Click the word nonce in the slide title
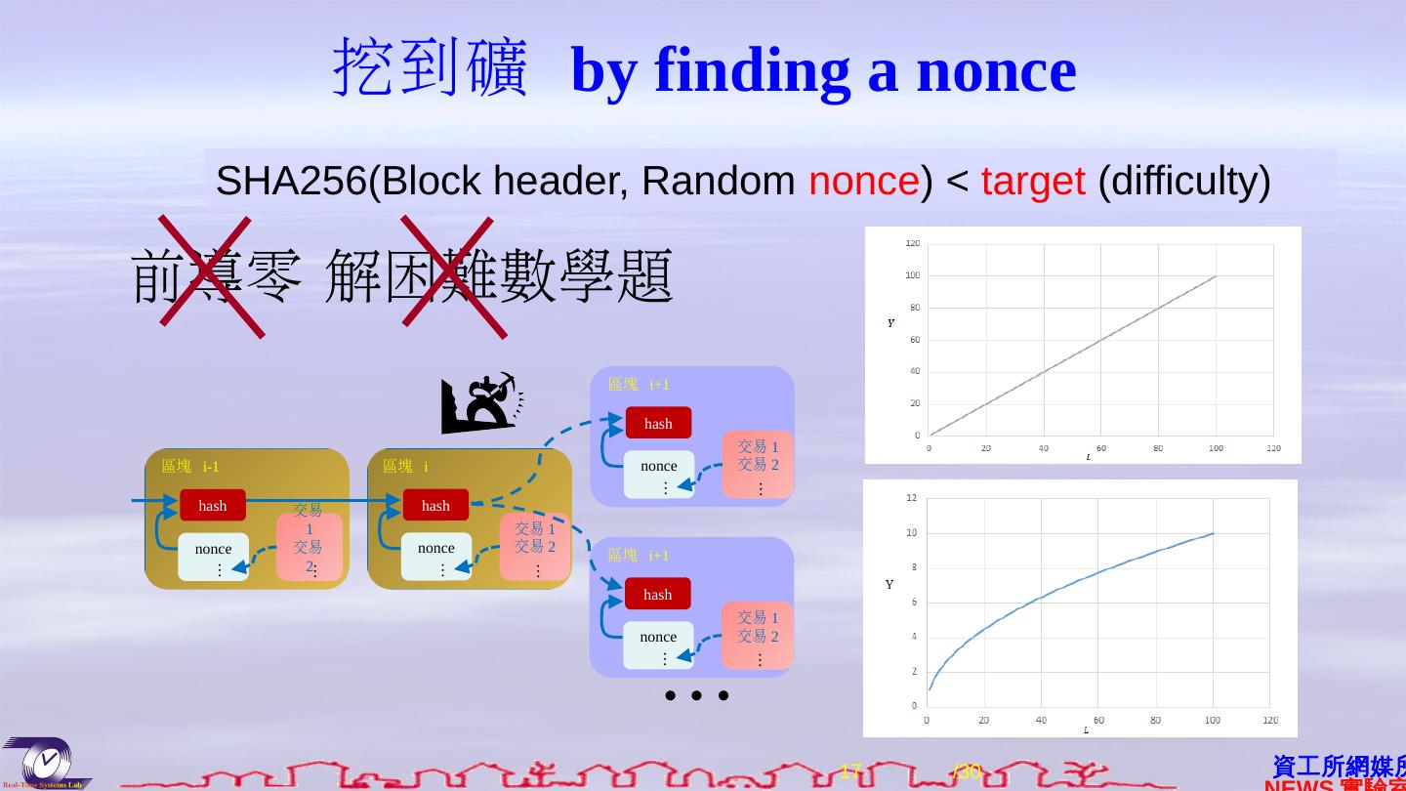(996, 71)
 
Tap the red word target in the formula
(1032, 182)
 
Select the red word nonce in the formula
(863, 182)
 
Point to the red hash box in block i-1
(213, 505)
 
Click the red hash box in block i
(435, 505)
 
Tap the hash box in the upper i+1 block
(658, 423)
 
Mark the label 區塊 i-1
(190, 467)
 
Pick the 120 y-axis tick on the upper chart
(912, 243)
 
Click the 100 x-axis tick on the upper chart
(1216, 449)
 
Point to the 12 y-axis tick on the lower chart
(912, 498)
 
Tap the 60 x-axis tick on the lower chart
(1098, 721)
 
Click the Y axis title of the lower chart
(889, 585)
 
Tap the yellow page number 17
(850, 771)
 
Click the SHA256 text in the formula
(291, 182)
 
